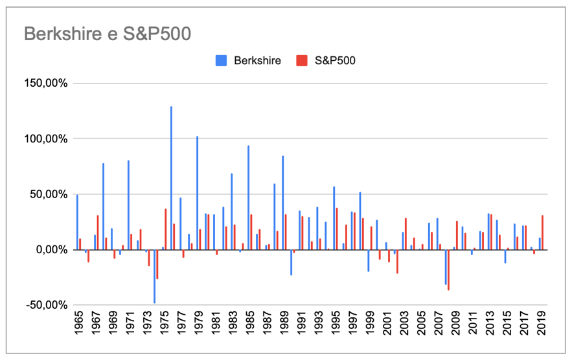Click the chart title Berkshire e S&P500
coord(107,33)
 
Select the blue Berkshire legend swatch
coord(221,60)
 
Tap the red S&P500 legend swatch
coord(301,60)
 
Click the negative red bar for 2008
coord(448,269)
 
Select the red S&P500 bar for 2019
coord(542,232)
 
